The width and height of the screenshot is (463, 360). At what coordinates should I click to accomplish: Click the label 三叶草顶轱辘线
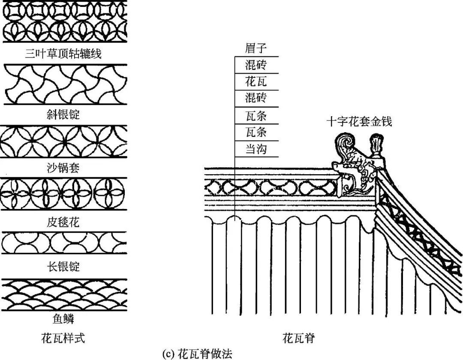pos(63,54)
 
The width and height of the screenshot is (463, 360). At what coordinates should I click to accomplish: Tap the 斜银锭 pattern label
pos(63,115)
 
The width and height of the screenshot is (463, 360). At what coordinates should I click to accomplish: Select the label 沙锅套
pos(63,168)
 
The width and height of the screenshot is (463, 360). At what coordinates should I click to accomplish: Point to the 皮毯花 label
pos(63,222)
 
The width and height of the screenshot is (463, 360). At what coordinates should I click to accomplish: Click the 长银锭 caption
pos(63,266)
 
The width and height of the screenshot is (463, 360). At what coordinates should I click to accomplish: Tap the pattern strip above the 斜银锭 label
pos(64,84)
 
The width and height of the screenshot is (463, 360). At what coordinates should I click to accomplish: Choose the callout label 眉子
pos(256,48)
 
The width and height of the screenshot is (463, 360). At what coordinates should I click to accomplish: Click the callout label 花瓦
pos(256,81)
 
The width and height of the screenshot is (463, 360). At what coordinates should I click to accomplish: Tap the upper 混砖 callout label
pos(256,65)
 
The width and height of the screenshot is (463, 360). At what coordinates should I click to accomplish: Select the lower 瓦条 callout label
pos(256,132)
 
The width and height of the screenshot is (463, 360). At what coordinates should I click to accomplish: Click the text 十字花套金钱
pos(359,122)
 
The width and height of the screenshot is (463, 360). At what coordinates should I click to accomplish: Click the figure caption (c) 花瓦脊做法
pos(198,354)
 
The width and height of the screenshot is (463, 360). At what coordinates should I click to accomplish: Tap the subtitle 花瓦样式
pos(63,338)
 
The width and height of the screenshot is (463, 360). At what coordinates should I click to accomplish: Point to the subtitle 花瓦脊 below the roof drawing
pos(299,338)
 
